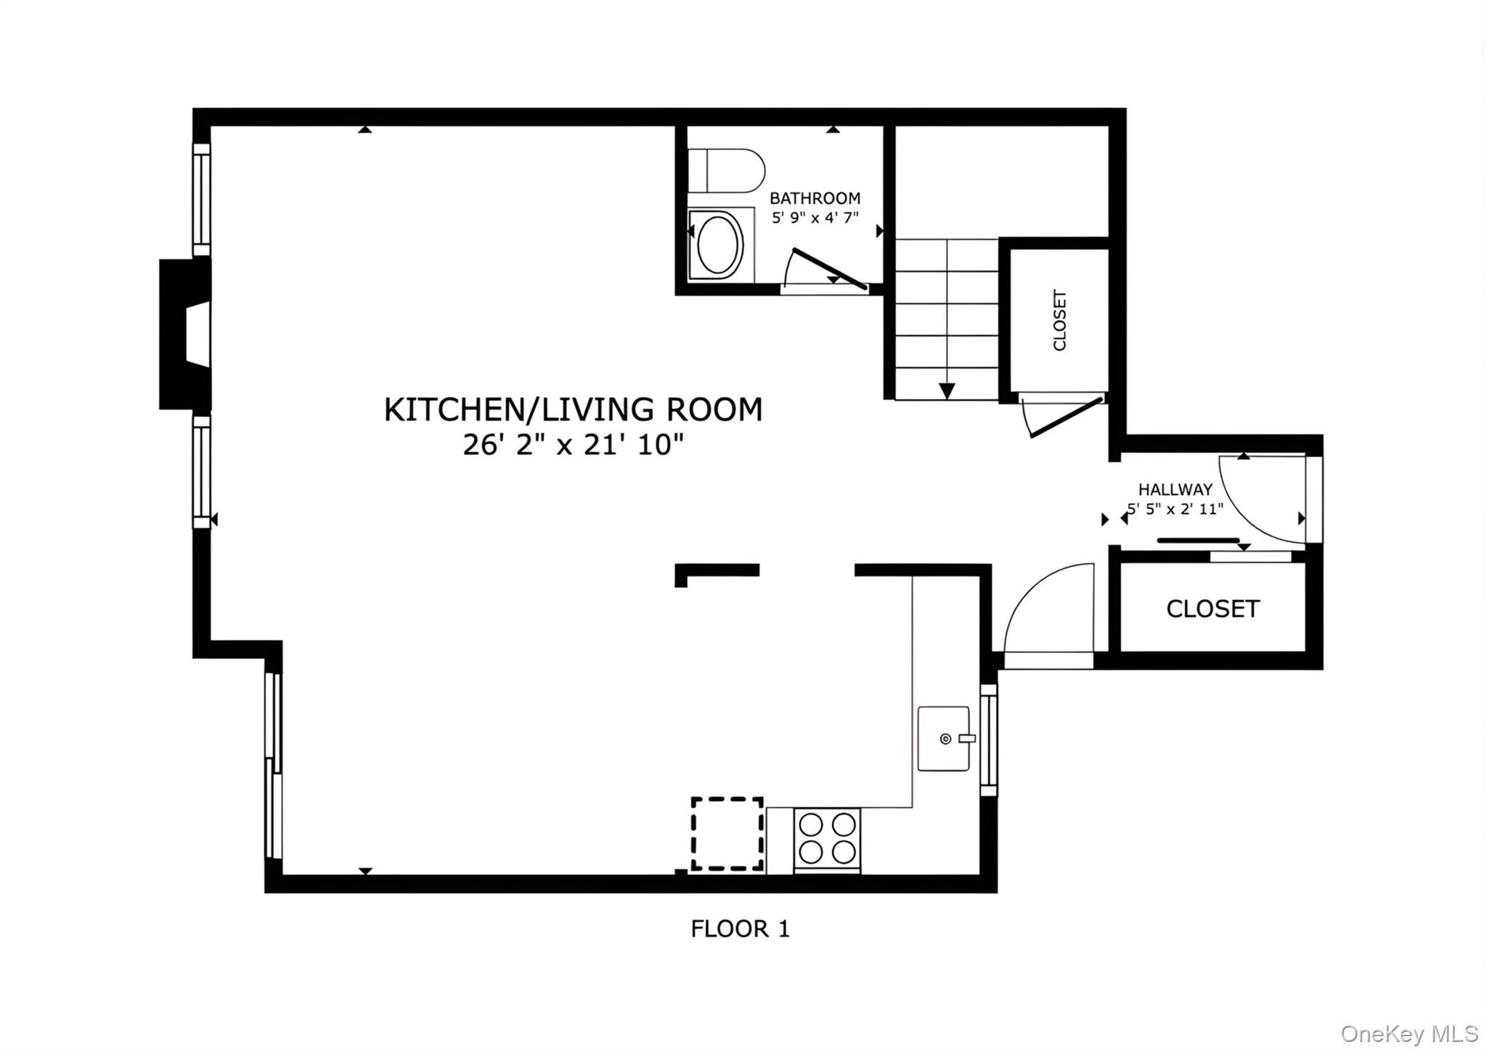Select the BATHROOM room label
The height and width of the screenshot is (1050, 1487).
(x=815, y=198)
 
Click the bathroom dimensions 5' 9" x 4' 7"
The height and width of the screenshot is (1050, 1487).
(x=815, y=217)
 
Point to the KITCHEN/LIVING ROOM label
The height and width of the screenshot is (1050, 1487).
(x=573, y=410)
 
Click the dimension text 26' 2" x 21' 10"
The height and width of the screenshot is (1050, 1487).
(x=573, y=445)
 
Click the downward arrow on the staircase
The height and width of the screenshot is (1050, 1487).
(x=946, y=390)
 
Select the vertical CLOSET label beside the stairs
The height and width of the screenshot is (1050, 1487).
(x=1059, y=321)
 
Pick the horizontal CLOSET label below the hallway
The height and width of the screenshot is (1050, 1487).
(x=1212, y=609)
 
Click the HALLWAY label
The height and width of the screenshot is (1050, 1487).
(x=1175, y=490)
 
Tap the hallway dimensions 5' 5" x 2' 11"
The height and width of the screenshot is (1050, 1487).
(x=1175, y=509)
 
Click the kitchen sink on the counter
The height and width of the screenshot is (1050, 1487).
(x=943, y=739)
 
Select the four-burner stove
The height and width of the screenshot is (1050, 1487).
(x=827, y=839)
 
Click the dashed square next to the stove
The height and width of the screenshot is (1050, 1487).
(x=726, y=834)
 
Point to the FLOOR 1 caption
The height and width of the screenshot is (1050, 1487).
(x=739, y=929)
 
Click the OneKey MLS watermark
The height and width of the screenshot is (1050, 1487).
(x=1409, y=1033)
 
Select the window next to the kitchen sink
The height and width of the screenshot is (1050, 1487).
(x=988, y=740)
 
